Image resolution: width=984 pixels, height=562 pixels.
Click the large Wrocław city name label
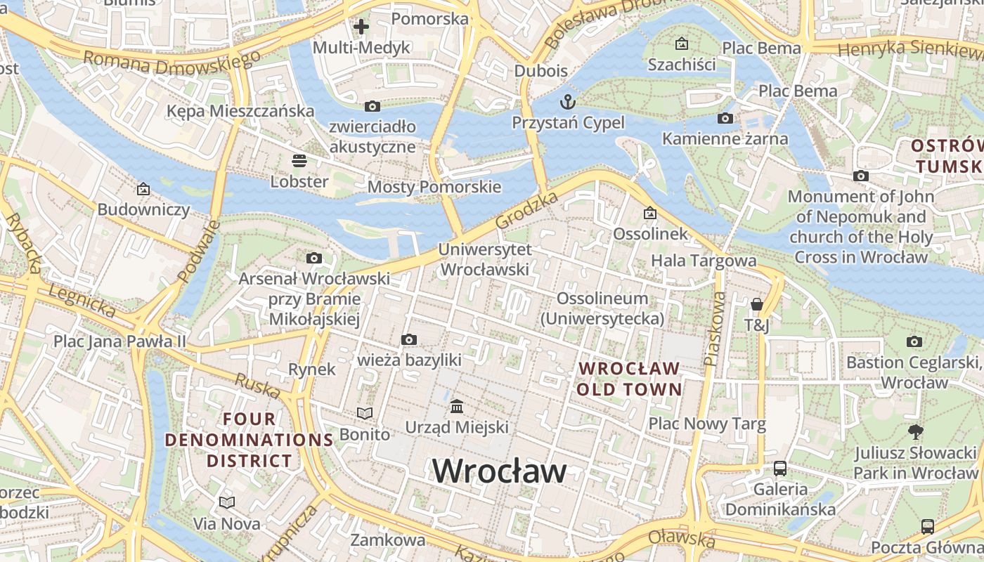pos(499,470)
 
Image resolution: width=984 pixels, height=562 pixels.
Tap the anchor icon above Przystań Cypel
pos(567,101)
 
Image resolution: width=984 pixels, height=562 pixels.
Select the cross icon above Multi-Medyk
pos(361,27)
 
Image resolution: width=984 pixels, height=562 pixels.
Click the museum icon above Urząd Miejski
pos(457,406)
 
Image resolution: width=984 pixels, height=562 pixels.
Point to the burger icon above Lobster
pos(299,161)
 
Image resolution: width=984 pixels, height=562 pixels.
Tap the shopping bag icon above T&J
pos(757,304)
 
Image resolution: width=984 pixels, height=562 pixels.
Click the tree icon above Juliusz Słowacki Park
pos(915,431)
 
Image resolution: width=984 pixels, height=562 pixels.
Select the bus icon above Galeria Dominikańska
pos(780,468)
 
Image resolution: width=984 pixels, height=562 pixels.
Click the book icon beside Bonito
pos(364,414)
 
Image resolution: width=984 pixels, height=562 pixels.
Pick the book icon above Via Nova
pos(226,503)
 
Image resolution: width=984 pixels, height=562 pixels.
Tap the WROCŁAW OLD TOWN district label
pos(630,379)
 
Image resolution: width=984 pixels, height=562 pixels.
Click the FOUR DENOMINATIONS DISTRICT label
pos(249,440)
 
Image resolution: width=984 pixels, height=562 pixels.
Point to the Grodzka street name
pos(527,209)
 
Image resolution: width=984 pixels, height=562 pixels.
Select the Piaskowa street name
pos(715,329)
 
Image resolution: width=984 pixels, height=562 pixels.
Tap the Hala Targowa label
pos(704,261)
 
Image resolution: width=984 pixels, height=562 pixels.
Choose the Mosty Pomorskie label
pos(434,187)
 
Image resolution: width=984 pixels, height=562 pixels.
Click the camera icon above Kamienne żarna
pos(725,118)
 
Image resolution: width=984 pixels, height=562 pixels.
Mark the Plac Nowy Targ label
pos(706,424)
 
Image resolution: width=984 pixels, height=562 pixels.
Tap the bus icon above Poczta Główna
pos(928,526)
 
